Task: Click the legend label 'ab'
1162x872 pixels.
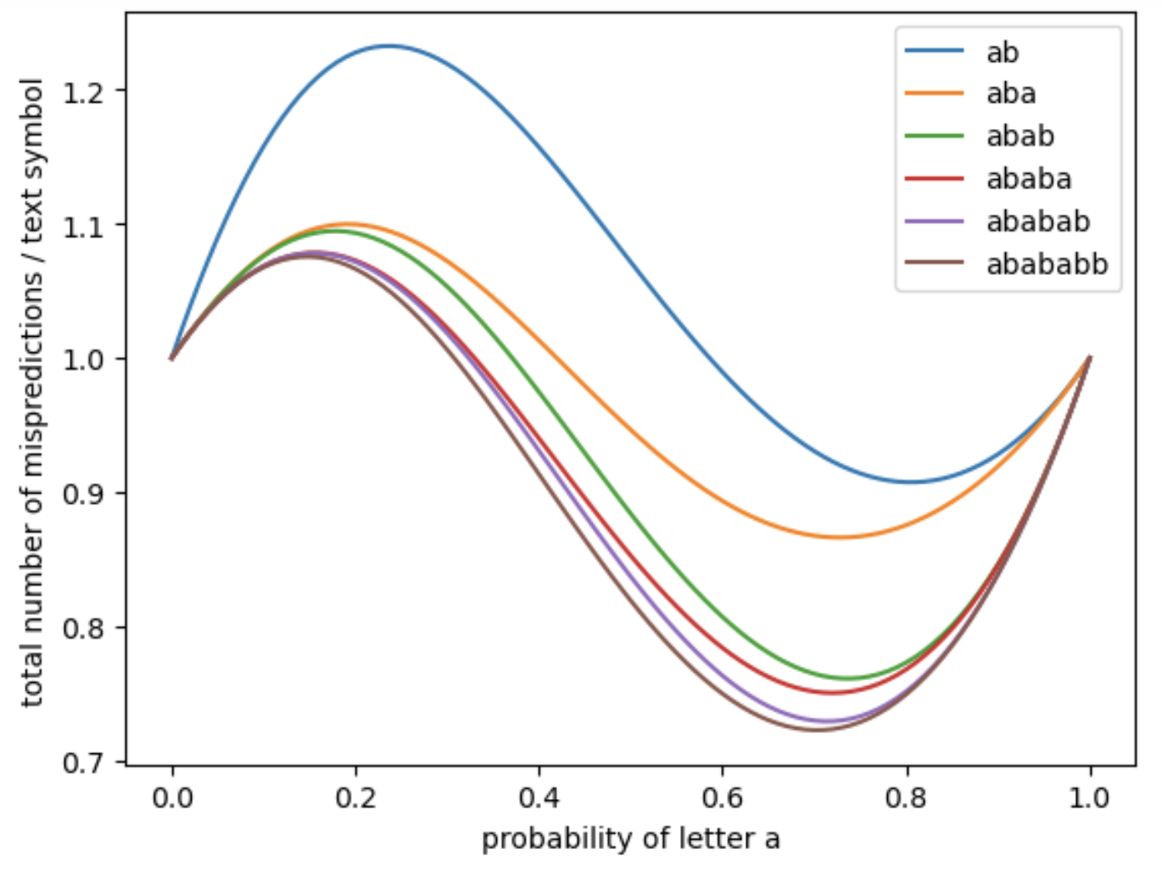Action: click(x=1002, y=53)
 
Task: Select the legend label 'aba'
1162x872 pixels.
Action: click(x=1010, y=93)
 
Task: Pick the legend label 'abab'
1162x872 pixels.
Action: click(x=1020, y=136)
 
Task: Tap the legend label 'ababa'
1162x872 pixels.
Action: click(x=1028, y=179)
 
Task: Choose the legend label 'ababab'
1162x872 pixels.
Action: click(x=1037, y=221)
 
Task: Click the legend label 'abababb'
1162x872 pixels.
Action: click(x=1047, y=265)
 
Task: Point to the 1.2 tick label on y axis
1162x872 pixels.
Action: click(x=83, y=91)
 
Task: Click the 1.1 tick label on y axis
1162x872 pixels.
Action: click(x=83, y=226)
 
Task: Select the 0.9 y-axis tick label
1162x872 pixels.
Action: click(x=83, y=494)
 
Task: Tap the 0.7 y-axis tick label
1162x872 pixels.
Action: click(x=83, y=762)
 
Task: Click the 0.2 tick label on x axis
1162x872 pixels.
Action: click(x=355, y=798)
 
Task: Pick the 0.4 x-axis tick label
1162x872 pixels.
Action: click(x=539, y=798)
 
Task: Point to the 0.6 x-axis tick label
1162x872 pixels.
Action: click(x=723, y=798)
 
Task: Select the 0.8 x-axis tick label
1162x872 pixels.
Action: click(x=906, y=798)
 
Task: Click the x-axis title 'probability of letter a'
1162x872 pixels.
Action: click(x=630, y=839)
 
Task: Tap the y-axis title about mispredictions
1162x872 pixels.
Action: click(x=32, y=392)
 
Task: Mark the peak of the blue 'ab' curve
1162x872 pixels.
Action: click(x=388, y=46)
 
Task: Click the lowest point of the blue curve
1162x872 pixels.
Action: click(x=911, y=482)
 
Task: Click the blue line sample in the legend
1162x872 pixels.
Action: click(x=934, y=52)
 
